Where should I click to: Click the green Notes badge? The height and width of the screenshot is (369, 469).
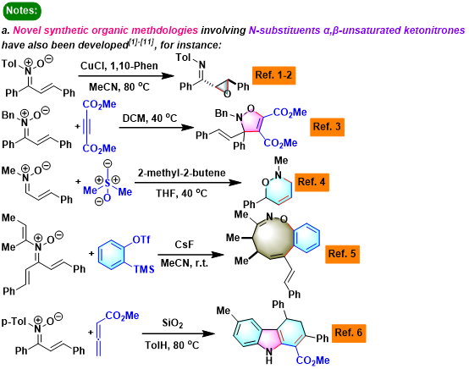pos(22,11)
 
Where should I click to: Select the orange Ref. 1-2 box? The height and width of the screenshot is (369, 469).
pos(273,75)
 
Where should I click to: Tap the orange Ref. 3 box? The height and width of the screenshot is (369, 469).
pos(327,127)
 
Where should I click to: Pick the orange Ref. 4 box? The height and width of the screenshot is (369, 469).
pos(312,182)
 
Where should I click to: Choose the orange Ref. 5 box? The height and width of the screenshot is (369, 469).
pos(342,254)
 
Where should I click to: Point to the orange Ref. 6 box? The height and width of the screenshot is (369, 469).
pos(349,333)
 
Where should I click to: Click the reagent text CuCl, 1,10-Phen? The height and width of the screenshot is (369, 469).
pos(119,66)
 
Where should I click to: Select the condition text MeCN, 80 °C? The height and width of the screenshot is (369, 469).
pos(119,87)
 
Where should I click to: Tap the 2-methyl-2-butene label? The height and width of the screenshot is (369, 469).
pos(181,173)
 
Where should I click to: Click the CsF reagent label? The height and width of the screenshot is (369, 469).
pos(185,245)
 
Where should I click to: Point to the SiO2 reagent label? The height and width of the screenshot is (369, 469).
pos(173,323)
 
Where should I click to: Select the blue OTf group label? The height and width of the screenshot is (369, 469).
pos(141,240)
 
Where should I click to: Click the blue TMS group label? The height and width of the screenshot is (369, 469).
pos(144,269)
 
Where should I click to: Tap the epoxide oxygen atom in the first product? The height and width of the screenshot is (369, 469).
pos(228,94)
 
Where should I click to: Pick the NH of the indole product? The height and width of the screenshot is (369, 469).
pos(269,355)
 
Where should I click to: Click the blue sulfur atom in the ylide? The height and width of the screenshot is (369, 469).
pos(108,183)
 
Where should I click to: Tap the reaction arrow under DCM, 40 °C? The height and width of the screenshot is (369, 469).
pos(157,128)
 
